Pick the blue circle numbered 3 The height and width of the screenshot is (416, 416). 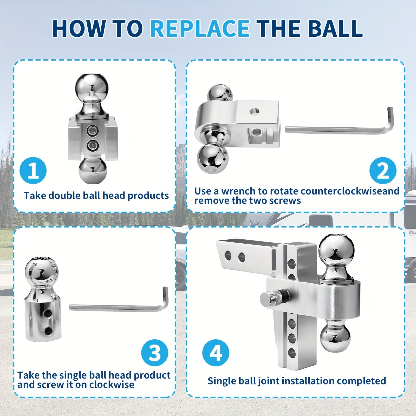(155, 353)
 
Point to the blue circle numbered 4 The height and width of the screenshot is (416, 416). (216, 353)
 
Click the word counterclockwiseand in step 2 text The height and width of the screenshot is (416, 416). (335, 191)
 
